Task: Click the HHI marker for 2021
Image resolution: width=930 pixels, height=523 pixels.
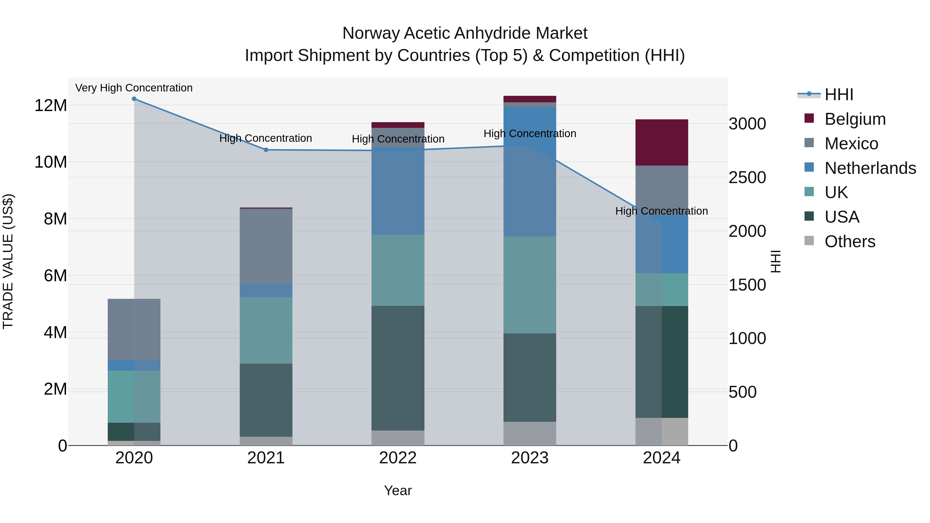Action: point(266,150)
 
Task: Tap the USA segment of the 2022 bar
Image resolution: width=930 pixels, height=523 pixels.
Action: point(398,368)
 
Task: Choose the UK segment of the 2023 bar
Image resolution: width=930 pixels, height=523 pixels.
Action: point(530,285)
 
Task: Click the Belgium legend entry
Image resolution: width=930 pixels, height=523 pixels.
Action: point(855,119)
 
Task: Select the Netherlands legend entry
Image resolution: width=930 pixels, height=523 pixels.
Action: point(870,168)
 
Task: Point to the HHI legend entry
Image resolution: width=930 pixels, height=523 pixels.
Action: point(839,95)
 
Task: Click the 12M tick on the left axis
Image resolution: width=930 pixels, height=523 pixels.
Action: point(51,105)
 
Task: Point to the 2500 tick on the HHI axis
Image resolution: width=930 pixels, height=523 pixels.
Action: point(747,177)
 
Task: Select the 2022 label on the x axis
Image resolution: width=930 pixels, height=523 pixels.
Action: point(398,458)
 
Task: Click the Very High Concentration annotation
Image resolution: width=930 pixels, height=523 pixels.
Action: point(134,88)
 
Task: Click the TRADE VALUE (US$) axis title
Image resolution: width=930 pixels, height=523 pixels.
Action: point(8,261)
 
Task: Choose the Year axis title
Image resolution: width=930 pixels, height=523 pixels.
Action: point(398,490)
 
